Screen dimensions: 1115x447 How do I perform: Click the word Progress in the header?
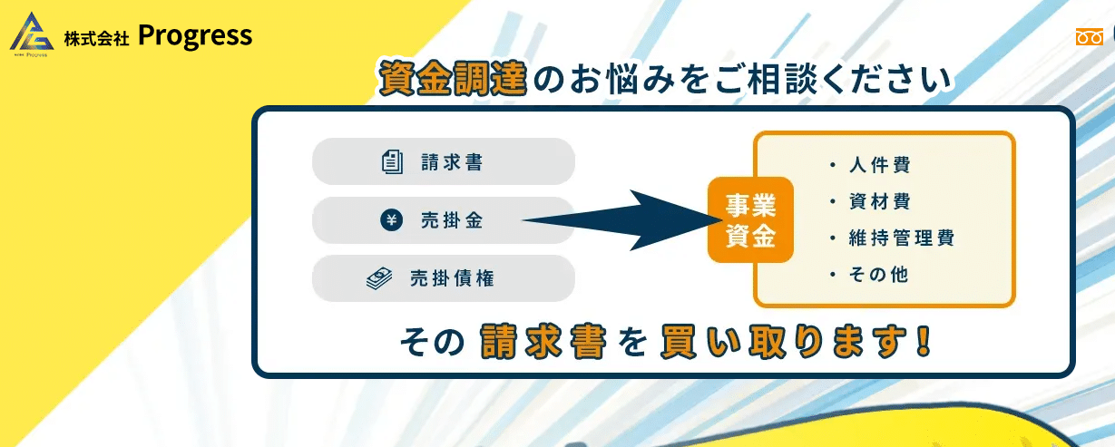pyautogui.click(x=195, y=35)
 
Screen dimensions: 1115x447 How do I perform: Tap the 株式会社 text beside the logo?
pyautogui.click(x=96, y=38)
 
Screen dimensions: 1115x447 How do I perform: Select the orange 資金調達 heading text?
pyautogui.click(x=453, y=78)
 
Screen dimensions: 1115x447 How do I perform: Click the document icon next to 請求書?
pyautogui.click(x=392, y=161)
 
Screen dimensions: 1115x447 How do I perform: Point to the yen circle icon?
pyautogui.click(x=391, y=219)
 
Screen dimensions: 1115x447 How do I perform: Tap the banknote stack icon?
pyautogui.click(x=379, y=278)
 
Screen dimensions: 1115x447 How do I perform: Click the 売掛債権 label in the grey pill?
pyautogui.click(x=452, y=278)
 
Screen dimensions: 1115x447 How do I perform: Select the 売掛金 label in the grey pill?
pyautogui.click(x=452, y=220)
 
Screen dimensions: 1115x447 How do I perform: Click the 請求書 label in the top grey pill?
pyautogui.click(x=452, y=162)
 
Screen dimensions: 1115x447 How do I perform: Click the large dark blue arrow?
pyautogui.click(x=622, y=219)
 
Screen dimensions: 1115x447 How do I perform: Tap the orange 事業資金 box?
pyautogui.click(x=750, y=219)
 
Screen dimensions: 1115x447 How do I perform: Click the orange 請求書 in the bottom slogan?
pyautogui.click(x=543, y=342)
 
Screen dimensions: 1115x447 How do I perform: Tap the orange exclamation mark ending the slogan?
pyautogui.click(x=924, y=341)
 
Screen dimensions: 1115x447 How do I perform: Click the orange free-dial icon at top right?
pyautogui.click(x=1090, y=37)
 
